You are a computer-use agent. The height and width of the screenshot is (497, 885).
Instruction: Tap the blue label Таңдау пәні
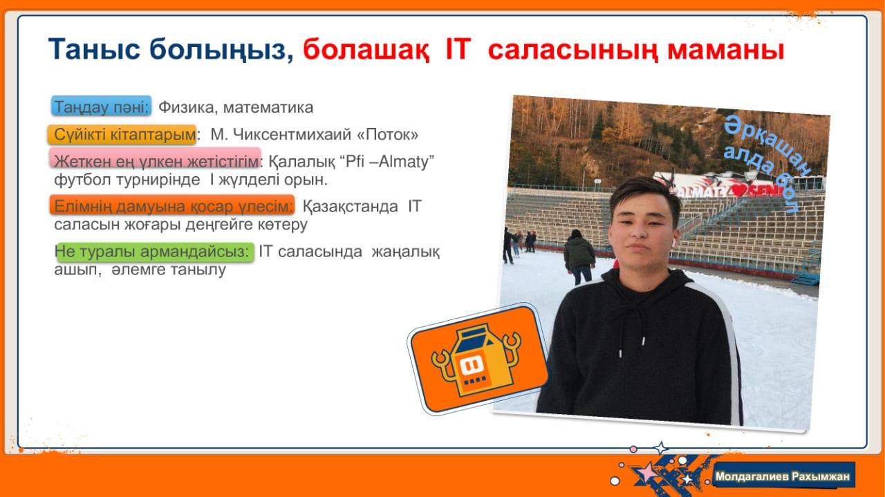[x=101, y=106]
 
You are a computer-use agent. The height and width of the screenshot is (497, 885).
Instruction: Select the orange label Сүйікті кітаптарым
[x=122, y=135]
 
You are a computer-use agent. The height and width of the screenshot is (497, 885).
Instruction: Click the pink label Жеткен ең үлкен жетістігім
[x=156, y=158]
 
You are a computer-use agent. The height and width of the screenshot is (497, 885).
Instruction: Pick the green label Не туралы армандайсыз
[x=156, y=252]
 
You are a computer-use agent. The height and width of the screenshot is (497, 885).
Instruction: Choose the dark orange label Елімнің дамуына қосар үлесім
[x=172, y=205]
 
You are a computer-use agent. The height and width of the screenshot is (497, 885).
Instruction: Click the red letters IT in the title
[x=458, y=50]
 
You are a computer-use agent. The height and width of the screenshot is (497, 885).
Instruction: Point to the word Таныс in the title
[x=94, y=50]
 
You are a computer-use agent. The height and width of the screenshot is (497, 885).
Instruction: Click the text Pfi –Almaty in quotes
[x=386, y=162]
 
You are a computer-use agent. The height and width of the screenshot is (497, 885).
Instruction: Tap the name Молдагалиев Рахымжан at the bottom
[x=782, y=476]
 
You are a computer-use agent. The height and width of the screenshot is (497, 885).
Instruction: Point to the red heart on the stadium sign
[x=740, y=191]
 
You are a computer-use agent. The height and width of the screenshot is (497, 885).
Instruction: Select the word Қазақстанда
[x=351, y=207]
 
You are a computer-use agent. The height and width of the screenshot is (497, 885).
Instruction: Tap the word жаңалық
[x=405, y=252]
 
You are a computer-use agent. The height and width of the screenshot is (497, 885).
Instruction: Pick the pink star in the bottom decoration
[x=646, y=471]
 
